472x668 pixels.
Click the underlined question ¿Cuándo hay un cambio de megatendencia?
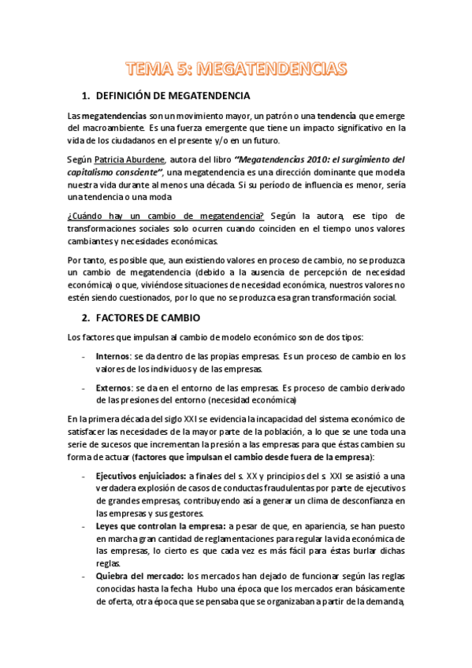tap(166, 216)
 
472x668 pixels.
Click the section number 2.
tap(87, 317)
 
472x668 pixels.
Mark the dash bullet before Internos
tap(84, 357)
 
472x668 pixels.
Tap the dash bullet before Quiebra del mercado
tap(84, 577)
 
